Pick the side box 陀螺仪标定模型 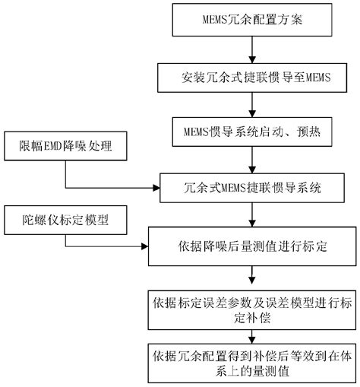pos(66,220)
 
